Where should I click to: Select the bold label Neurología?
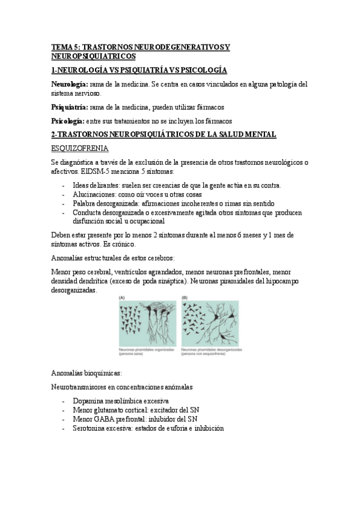point(70,84)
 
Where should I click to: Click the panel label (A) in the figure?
point(122,297)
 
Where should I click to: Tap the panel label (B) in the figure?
point(185,297)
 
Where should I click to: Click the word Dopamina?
point(90,401)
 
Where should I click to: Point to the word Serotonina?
point(91,428)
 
